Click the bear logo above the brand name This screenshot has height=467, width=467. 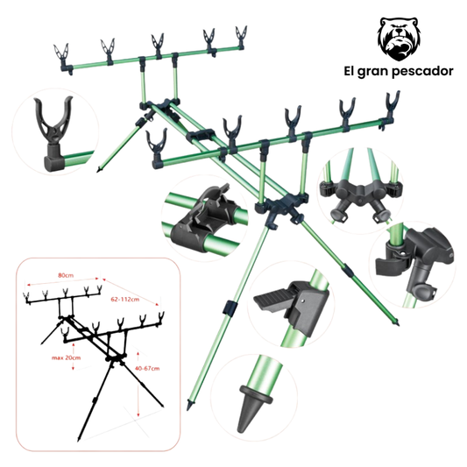399,39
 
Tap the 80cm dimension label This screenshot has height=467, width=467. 66,275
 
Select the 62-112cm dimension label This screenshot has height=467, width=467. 125,299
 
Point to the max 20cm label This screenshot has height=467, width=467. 66,357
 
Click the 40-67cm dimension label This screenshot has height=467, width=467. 147,368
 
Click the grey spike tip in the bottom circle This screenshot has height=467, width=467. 251,407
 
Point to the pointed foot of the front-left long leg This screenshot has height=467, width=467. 188,406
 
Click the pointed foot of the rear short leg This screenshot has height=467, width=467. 99,169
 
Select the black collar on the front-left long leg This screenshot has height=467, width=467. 230,308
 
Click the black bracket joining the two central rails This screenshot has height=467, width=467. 201,136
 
